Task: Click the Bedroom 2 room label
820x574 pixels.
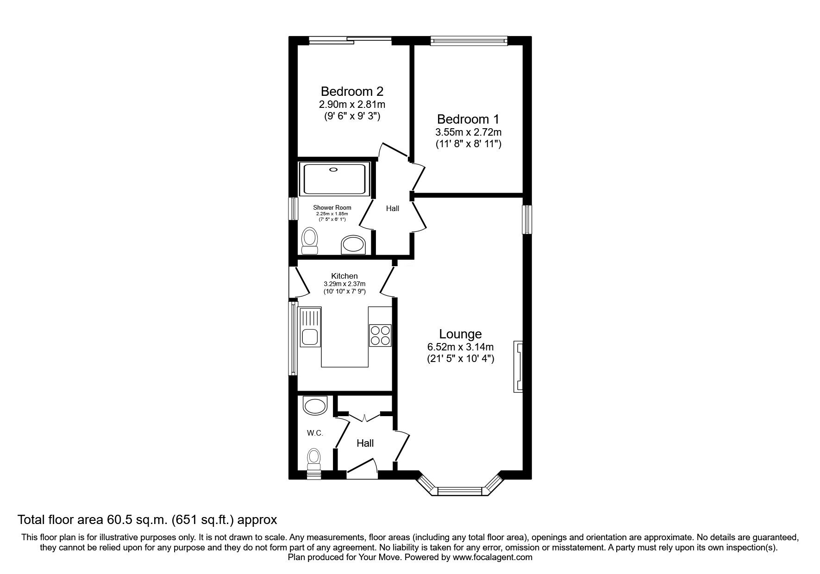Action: click(352, 91)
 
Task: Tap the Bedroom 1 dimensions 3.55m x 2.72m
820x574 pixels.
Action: click(469, 132)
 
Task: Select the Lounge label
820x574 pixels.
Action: click(460, 334)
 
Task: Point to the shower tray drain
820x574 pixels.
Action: click(333, 170)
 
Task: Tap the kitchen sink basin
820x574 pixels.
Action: click(309, 337)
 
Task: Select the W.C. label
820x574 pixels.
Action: click(315, 433)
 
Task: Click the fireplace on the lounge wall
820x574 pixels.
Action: click(518, 367)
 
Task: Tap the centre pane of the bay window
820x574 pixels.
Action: click(460, 491)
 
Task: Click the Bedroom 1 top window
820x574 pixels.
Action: click(469, 41)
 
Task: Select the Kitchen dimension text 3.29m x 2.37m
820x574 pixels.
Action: click(344, 284)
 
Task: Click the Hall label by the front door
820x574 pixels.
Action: click(365, 443)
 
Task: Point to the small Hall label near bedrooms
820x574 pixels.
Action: click(393, 209)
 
